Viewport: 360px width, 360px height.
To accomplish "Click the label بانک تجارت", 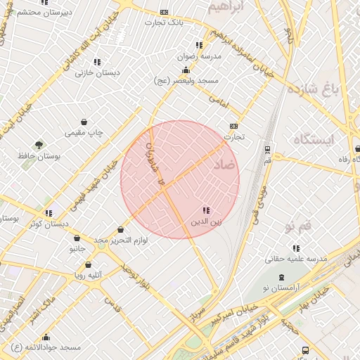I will point(164,22).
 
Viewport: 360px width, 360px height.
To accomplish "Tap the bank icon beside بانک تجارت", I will point(165,12).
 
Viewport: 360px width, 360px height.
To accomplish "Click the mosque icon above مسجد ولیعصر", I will point(185,70).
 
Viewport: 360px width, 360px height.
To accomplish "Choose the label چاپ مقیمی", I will point(84,132).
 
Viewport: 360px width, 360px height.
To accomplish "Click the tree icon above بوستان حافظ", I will point(39,145).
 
